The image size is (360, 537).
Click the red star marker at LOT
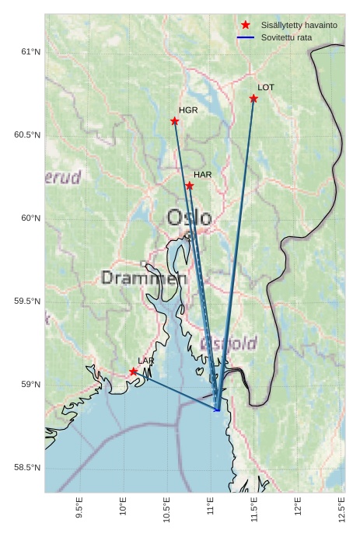(x=254, y=99)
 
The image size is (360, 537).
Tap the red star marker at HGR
(x=175, y=121)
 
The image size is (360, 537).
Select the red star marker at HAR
(x=190, y=186)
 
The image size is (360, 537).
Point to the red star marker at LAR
(x=134, y=371)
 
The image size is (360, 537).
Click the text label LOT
(x=266, y=88)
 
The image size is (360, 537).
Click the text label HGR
(x=188, y=110)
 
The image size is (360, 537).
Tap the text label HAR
(x=203, y=175)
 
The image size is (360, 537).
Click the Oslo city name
(x=189, y=218)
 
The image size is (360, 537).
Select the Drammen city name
(x=144, y=277)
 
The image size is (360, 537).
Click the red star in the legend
(x=246, y=25)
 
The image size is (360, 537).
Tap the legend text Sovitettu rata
(x=286, y=37)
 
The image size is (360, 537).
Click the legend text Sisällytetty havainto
(x=299, y=25)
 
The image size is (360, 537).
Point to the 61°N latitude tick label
(x=30, y=52)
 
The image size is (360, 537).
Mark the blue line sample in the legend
(x=246, y=37)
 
